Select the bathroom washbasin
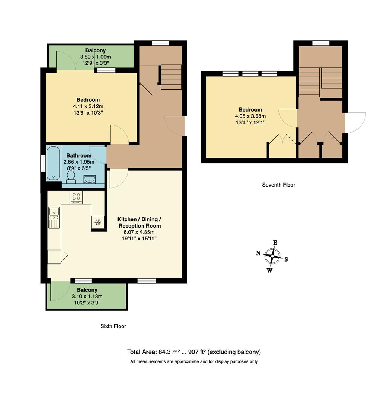90,179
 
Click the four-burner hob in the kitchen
76,197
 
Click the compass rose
272,256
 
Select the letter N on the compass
258,253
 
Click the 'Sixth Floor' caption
113,326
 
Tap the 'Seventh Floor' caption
278,185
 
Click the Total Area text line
194,352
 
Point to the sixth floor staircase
171,77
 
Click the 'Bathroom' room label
79,155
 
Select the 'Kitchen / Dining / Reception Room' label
139,222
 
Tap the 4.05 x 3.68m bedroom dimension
250,116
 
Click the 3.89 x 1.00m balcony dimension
95,57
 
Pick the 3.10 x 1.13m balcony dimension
87,296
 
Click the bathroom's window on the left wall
43,163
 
